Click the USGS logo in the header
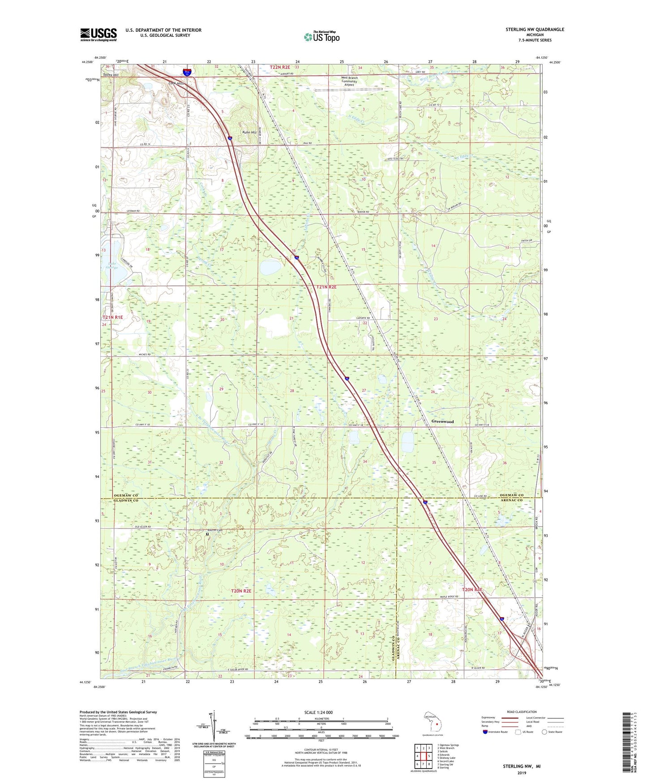pyautogui.click(x=98, y=34)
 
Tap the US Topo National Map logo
pyautogui.click(x=321, y=36)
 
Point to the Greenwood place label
pyautogui.click(x=442, y=421)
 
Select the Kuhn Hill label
pyautogui.click(x=249, y=133)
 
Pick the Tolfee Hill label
pyautogui.click(x=111, y=75)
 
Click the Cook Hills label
pyautogui.click(x=176, y=84)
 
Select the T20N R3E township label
pyautogui.click(x=472, y=590)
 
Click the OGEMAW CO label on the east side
pyautogui.click(x=511, y=495)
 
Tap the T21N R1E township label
pyautogui.click(x=112, y=317)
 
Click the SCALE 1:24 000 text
pyautogui.click(x=318, y=713)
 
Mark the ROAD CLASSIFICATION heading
pyautogui.click(x=522, y=712)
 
